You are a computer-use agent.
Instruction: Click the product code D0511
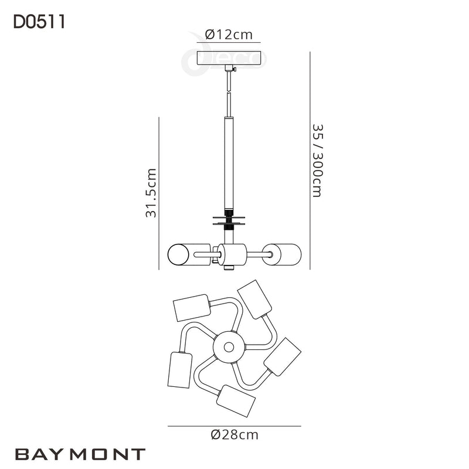(x=38, y=22)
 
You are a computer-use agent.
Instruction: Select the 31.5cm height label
(x=151, y=194)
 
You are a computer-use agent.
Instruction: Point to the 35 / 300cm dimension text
(x=317, y=160)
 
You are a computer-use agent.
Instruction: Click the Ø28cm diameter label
(x=234, y=434)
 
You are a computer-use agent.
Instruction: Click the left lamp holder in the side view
(x=183, y=254)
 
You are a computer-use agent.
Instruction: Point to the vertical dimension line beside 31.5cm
(x=159, y=193)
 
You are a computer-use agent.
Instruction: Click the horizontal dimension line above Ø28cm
(x=234, y=425)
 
